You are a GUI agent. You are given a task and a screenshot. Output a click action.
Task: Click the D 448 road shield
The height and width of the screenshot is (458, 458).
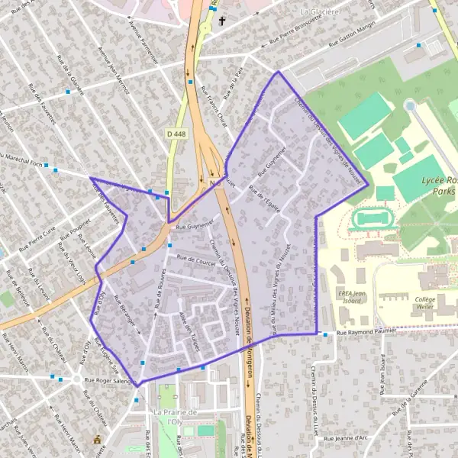175,134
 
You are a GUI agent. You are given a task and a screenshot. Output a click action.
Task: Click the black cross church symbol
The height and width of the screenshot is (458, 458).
223,21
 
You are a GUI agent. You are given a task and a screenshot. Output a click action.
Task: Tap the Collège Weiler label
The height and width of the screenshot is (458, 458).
425,304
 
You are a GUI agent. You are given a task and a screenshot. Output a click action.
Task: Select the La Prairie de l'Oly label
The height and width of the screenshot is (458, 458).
176,417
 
